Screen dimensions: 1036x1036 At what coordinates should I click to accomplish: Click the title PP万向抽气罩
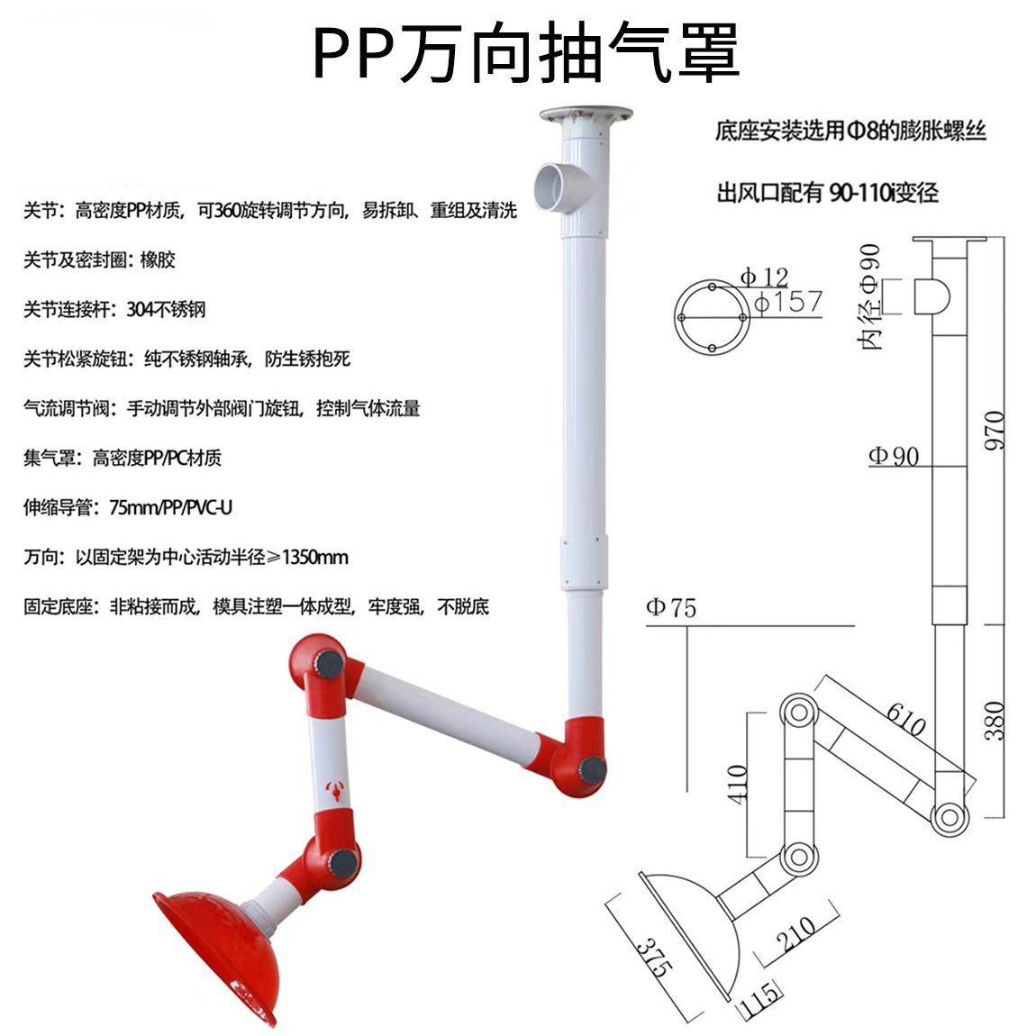[x=526, y=51]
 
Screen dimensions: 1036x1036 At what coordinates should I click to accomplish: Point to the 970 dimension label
[x=993, y=432]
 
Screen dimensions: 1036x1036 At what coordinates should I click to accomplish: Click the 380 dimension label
[x=993, y=721]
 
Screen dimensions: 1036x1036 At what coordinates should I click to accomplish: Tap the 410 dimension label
[x=737, y=785]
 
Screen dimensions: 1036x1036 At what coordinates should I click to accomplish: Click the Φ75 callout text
[x=671, y=608]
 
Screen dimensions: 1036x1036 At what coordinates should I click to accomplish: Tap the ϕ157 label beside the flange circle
[x=787, y=302]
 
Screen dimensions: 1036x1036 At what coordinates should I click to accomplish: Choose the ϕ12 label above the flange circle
[x=764, y=276]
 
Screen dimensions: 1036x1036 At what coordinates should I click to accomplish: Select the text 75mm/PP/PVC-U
[x=170, y=508]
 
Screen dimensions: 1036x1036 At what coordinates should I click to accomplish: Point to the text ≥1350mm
[x=307, y=558]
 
